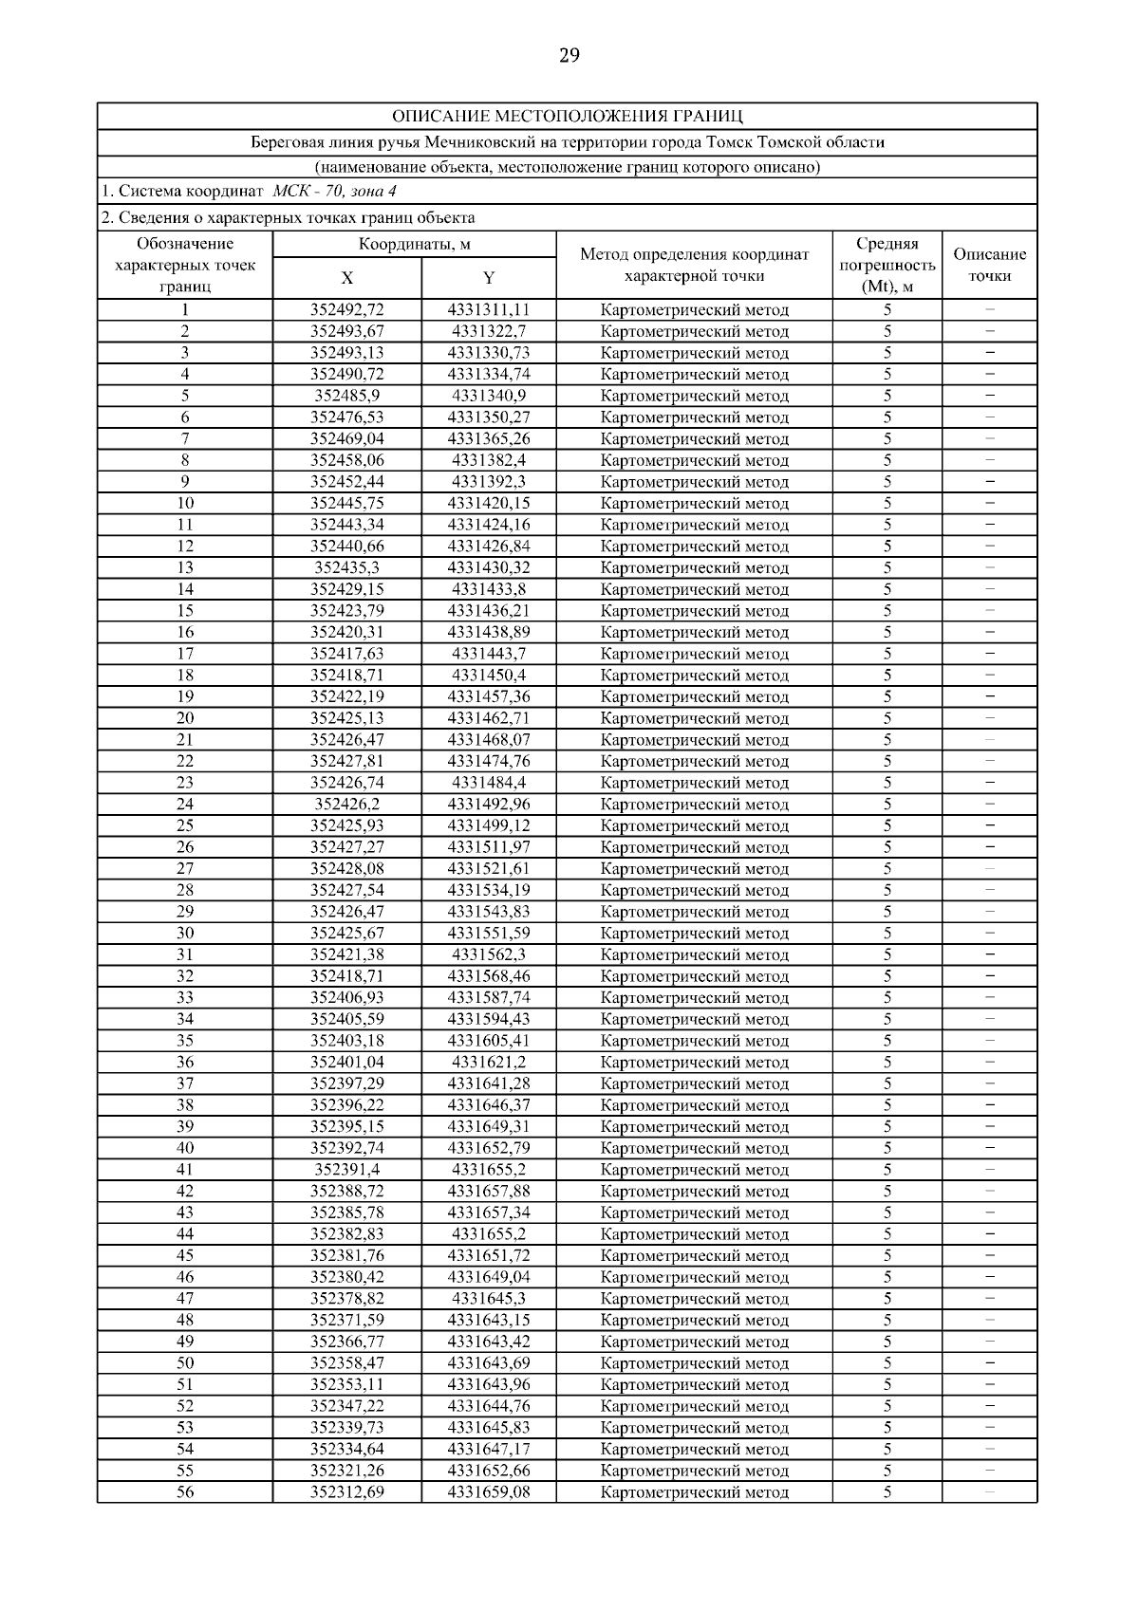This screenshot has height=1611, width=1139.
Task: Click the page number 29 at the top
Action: coord(569,55)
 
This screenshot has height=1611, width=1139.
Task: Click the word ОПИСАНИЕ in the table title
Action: coord(435,117)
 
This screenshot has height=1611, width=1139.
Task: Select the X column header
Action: coord(347,278)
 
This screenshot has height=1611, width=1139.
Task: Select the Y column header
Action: coord(489,278)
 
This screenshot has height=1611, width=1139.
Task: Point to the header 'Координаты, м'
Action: coord(414,245)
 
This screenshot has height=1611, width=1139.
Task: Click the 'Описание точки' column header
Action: coord(989,266)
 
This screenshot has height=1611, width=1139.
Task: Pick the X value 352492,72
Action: coord(347,310)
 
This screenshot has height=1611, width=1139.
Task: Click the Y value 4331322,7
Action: coord(489,331)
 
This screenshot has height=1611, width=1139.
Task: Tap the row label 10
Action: coord(185,504)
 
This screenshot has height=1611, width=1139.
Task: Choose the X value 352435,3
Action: coord(347,568)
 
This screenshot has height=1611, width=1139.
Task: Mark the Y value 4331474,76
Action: coord(489,761)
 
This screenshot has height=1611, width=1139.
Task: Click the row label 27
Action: coord(185,869)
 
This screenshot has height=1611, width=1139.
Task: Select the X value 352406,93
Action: coord(347,998)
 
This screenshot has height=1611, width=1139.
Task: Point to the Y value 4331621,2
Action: coord(489,1063)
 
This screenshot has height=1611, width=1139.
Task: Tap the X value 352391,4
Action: coord(347,1170)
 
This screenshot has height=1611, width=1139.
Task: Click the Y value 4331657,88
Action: coord(489,1192)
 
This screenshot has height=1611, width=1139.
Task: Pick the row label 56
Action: coord(185,1492)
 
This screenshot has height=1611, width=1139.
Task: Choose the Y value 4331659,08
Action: coord(489,1492)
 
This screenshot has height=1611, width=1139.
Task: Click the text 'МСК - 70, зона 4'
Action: coord(334,191)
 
